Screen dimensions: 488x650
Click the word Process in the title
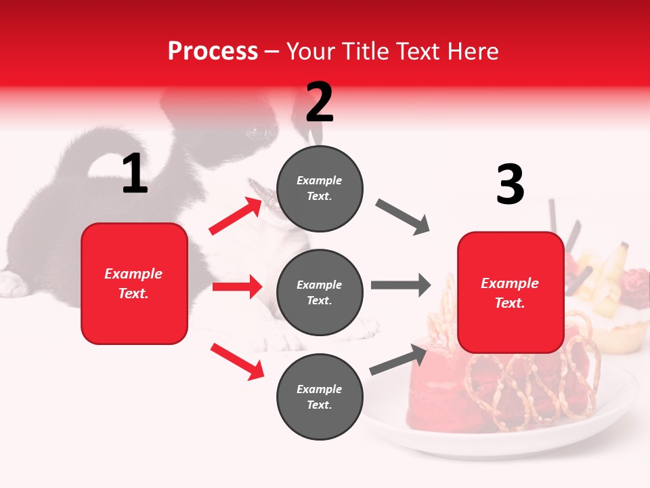[213, 51]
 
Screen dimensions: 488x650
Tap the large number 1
[135, 174]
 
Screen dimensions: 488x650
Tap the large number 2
[320, 102]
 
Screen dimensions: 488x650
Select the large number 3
[510, 185]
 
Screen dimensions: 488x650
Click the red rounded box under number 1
[134, 283]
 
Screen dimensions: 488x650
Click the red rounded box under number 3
[511, 292]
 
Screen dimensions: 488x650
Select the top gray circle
[320, 188]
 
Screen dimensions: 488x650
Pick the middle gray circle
[320, 292]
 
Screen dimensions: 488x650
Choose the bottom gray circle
[320, 396]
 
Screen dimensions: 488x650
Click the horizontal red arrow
[237, 287]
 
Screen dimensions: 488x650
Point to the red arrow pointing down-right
[237, 361]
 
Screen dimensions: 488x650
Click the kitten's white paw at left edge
[12, 285]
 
